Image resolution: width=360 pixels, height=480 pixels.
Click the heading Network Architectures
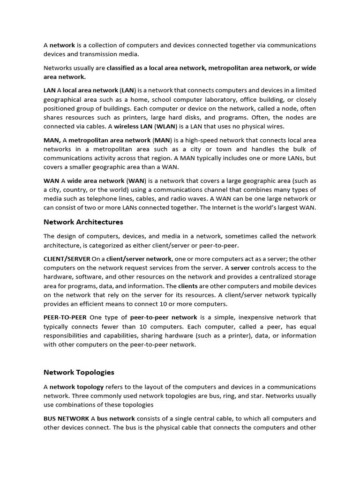[x=83, y=222]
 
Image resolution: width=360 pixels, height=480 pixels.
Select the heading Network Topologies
[x=79, y=372]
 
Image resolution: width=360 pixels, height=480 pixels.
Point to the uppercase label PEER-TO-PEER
[x=65, y=317]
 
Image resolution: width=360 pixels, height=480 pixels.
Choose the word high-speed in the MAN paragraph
[x=211, y=140]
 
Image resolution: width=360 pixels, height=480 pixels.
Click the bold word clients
[x=188, y=286]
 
